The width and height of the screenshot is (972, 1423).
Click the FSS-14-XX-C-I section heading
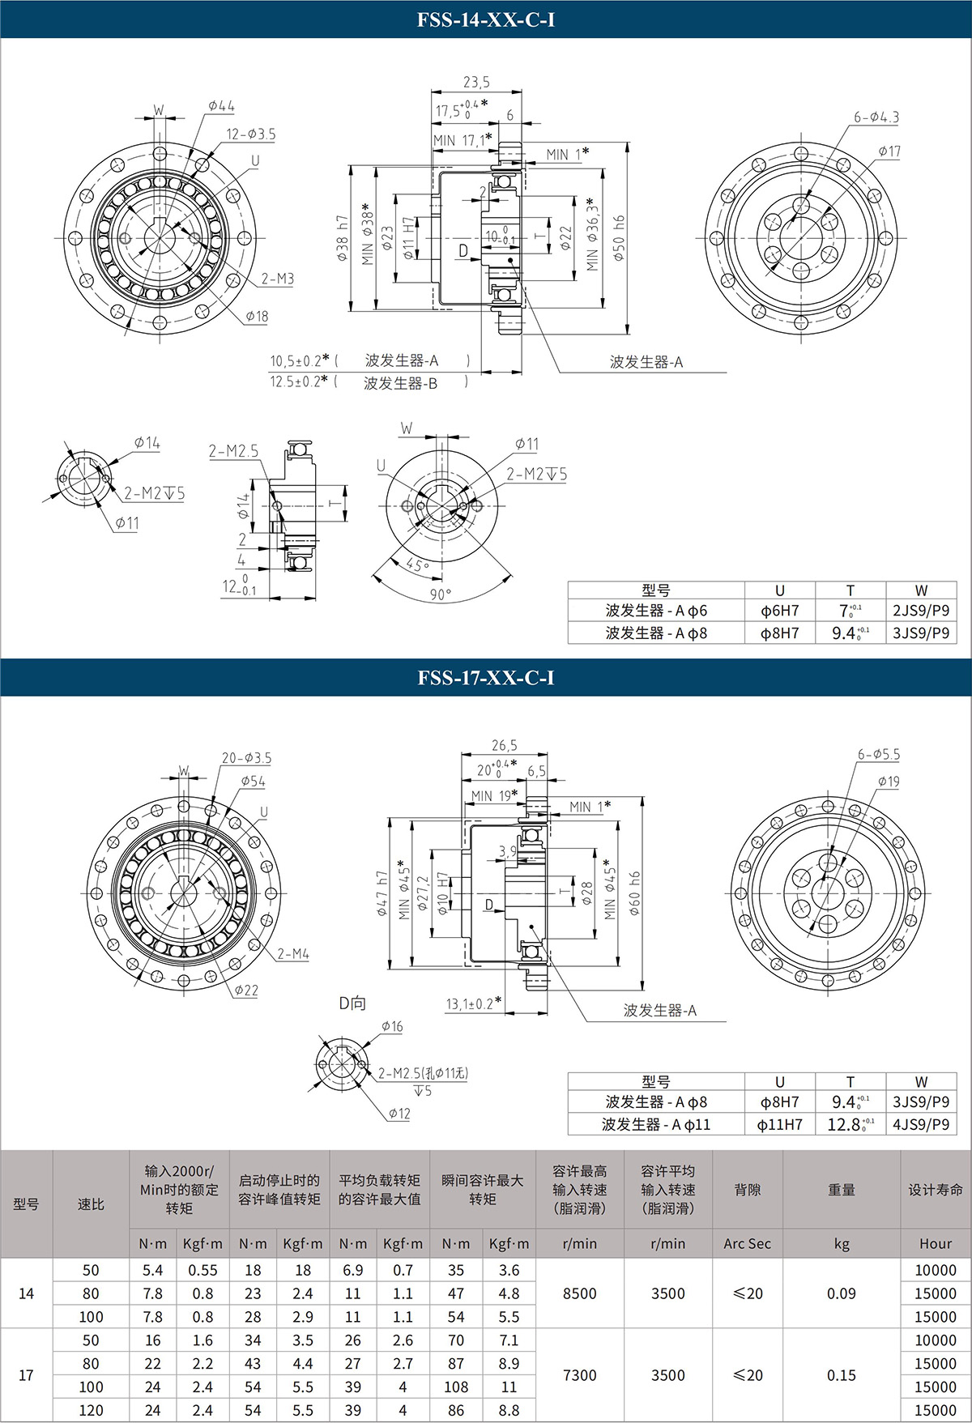[486, 19]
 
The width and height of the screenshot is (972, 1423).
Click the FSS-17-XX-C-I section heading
[486, 678]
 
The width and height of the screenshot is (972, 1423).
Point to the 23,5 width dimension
[476, 82]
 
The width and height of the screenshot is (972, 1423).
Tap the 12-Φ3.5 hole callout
[251, 134]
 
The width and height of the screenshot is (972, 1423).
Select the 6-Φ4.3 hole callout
[876, 117]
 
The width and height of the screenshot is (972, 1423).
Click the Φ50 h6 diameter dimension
[620, 238]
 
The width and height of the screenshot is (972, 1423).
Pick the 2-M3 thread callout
[277, 279]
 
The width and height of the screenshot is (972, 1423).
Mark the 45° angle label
[418, 565]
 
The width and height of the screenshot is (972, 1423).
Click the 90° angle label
[441, 594]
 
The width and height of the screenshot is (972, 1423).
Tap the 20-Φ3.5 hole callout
[247, 758]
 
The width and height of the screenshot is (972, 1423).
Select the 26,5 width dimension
[504, 745]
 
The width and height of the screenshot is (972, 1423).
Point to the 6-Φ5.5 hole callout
[879, 754]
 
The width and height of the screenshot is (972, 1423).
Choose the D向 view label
[352, 1003]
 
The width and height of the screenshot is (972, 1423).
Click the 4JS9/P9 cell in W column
[921, 1124]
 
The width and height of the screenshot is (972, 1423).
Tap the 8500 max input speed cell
[579, 1293]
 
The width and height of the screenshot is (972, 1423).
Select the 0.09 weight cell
[841, 1293]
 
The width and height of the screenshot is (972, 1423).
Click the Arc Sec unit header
[747, 1243]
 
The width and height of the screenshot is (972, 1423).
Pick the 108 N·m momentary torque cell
[456, 1387]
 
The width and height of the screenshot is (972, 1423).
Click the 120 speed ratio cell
[91, 1410]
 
